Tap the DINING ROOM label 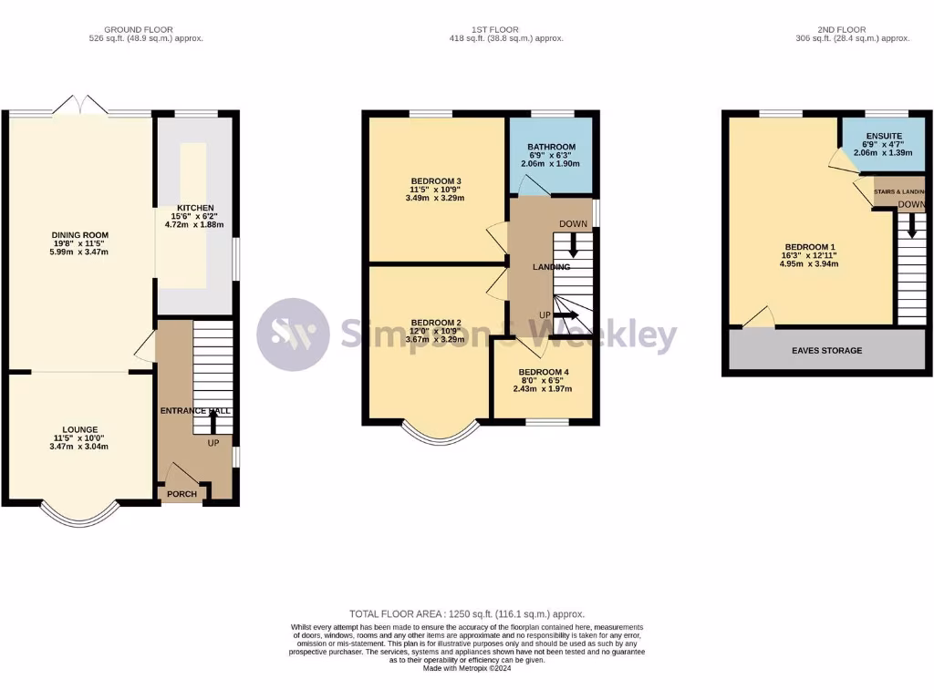79,235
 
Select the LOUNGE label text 79,429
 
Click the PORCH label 181,494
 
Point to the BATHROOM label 551,147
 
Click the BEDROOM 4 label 544,372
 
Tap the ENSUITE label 884,136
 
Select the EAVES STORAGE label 827,350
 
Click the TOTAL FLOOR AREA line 466,614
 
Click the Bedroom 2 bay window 440,437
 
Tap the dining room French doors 79,106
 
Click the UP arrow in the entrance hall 213,421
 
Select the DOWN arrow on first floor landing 573,244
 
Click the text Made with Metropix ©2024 466,668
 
